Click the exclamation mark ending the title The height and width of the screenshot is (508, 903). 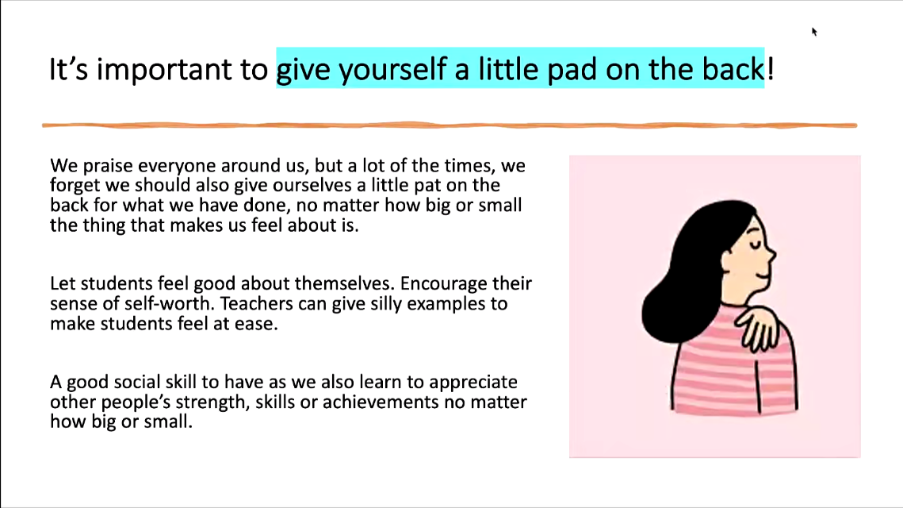(x=771, y=68)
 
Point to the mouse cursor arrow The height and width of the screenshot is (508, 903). (x=814, y=32)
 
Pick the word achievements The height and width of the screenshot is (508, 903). (x=381, y=402)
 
